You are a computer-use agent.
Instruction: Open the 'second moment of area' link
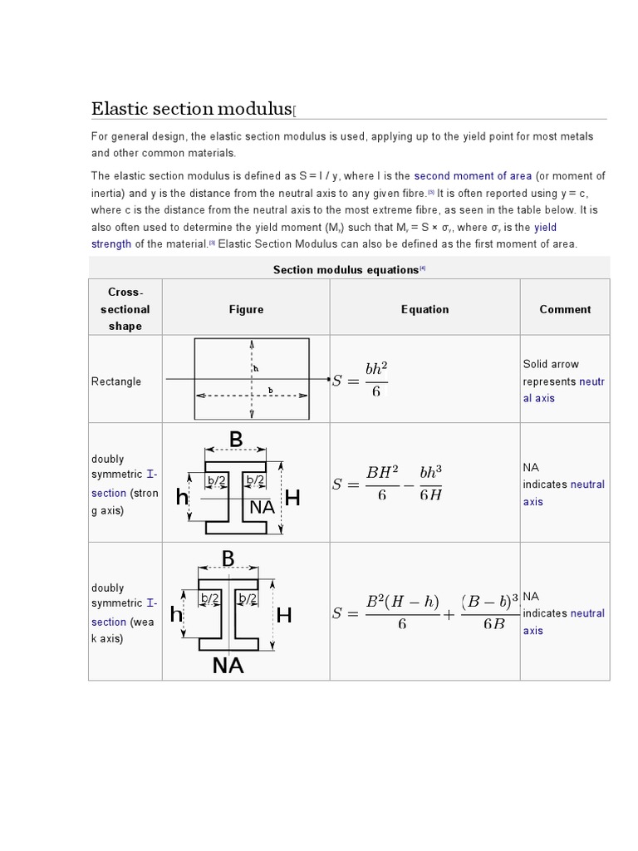[472, 176]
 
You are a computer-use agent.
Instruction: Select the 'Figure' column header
[246, 309]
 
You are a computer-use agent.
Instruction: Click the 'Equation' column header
[425, 309]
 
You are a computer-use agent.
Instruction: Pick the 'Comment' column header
[565, 309]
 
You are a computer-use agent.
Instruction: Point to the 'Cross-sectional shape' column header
[125, 309]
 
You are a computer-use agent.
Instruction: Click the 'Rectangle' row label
[116, 381]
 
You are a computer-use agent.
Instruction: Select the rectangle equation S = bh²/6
[361, 381]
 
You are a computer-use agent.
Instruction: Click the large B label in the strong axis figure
[236, 439]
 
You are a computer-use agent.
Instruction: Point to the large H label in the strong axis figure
[292, 499]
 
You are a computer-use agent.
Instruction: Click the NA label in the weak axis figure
[228, 665]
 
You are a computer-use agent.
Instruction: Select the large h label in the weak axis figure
[176, 615]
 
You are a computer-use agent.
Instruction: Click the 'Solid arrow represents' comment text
[551, 372]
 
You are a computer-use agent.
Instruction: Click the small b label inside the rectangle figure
[270, 390]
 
